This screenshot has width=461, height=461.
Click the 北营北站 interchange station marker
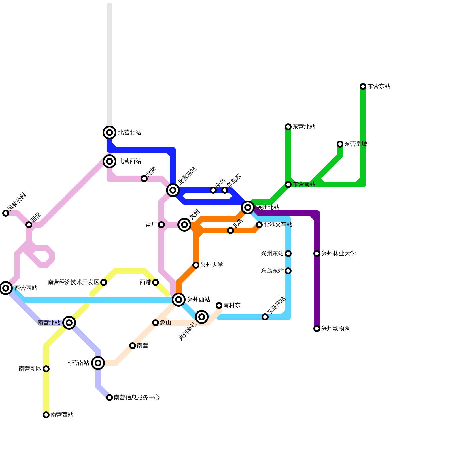click(109, 133)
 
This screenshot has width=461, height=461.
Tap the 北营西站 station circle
click(109, 161)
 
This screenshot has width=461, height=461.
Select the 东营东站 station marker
click(363, 86)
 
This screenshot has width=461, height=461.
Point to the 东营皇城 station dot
click(340, 144)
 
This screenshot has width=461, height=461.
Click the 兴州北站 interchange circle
click(248, 207)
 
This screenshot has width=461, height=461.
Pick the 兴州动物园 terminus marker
click(317, 328)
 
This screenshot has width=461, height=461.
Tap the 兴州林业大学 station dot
click(317, 254)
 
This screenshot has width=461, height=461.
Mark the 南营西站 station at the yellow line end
click(46, 415)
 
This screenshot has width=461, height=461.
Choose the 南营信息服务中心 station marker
click(109, 398)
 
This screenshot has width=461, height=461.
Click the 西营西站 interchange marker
click(6, 288)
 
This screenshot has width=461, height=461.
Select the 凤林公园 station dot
click(6, 213)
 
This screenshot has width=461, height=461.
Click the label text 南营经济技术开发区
click(73, 282)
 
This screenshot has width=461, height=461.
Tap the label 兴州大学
click(212, 265)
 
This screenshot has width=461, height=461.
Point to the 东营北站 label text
click(304, 127)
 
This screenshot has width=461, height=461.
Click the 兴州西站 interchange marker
click(179, 300)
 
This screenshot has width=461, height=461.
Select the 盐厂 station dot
click(161, 225)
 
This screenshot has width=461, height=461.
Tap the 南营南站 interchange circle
click(98, 363)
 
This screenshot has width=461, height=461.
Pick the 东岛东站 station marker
click(288, 271)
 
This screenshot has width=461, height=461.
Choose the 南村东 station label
click(232, 305)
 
